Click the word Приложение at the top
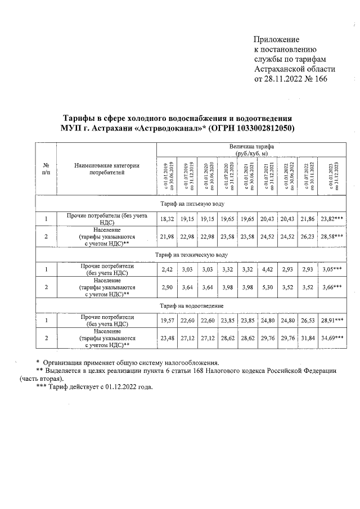277,40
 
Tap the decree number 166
319,78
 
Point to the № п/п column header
46,168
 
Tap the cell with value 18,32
166,218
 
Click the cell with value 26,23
307,237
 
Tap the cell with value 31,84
307,339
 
